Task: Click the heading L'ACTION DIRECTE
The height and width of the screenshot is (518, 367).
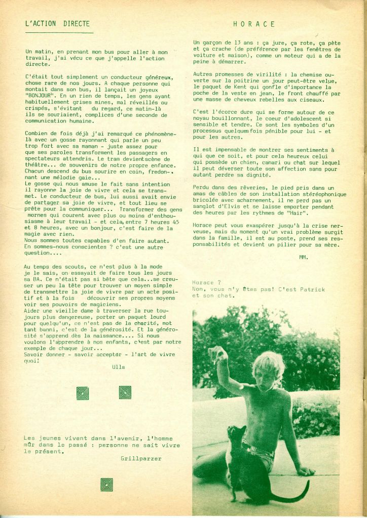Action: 57,23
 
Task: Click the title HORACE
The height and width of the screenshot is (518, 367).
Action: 254,24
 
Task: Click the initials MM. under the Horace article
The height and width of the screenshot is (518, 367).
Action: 303,257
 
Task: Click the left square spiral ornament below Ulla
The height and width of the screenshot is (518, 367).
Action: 82,393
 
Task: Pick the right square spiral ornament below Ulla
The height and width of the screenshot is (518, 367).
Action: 125,392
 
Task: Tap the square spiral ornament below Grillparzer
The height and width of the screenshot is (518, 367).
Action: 106,484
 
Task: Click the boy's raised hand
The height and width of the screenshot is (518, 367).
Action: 217,354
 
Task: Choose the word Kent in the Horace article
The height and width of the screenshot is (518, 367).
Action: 241,88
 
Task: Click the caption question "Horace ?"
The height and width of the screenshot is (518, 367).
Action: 207,282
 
